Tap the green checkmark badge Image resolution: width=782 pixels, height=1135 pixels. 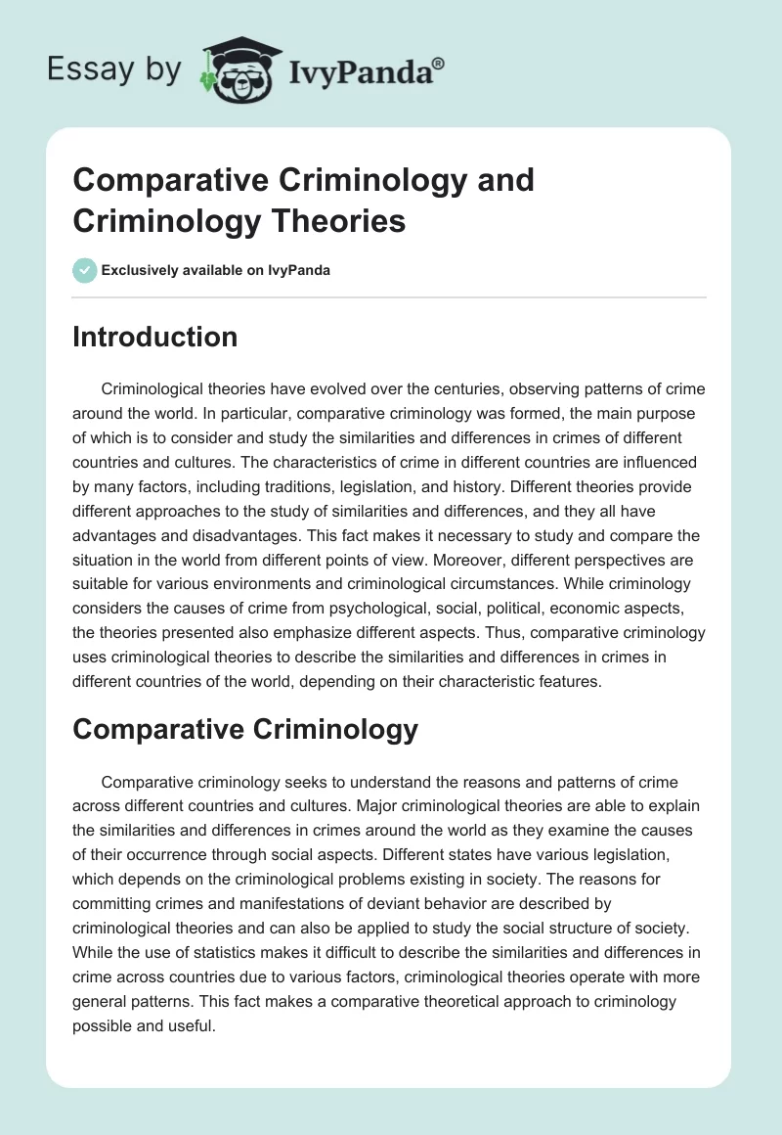pyautogui.click(x=85, y=270)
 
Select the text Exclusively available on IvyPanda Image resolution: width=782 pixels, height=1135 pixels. pyautogui.click(x=215, y=271)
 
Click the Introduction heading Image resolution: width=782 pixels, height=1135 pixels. pyautogui.click(x=155, y=337)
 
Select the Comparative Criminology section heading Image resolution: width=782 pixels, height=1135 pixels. pyautogui.click(x=245, y=728)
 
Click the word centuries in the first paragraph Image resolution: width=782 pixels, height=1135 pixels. pyautogui.click(x=446, y=389)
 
